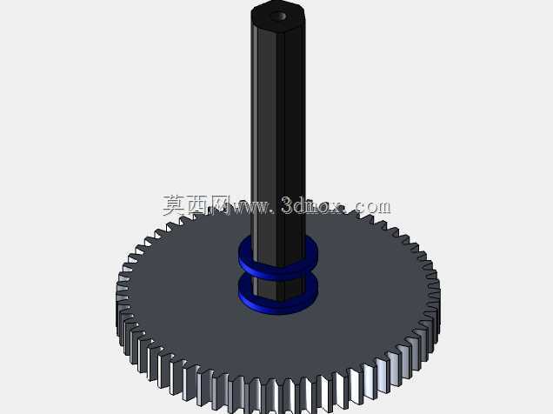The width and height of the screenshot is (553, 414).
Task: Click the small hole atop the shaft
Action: [278, 16]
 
